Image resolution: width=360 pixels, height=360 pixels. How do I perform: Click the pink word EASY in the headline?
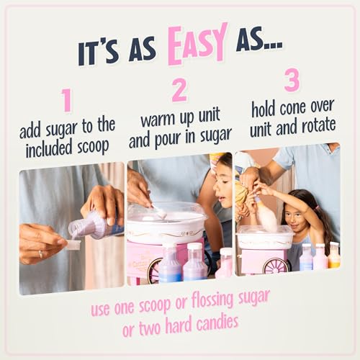pos(197,45)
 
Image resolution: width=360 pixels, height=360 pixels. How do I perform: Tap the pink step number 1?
pos(66,101)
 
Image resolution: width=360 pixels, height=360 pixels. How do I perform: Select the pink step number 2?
pos(179,90)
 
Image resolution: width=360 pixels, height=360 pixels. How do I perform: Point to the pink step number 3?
pos(292,79)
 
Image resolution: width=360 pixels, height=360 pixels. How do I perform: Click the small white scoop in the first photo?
pos(73,245)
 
